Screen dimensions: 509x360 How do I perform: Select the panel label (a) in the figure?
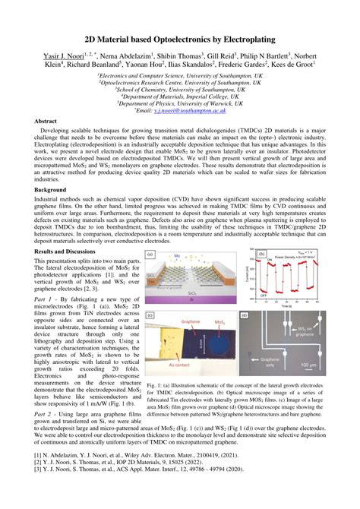(150, 256)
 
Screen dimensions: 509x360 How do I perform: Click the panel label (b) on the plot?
(262, 256)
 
